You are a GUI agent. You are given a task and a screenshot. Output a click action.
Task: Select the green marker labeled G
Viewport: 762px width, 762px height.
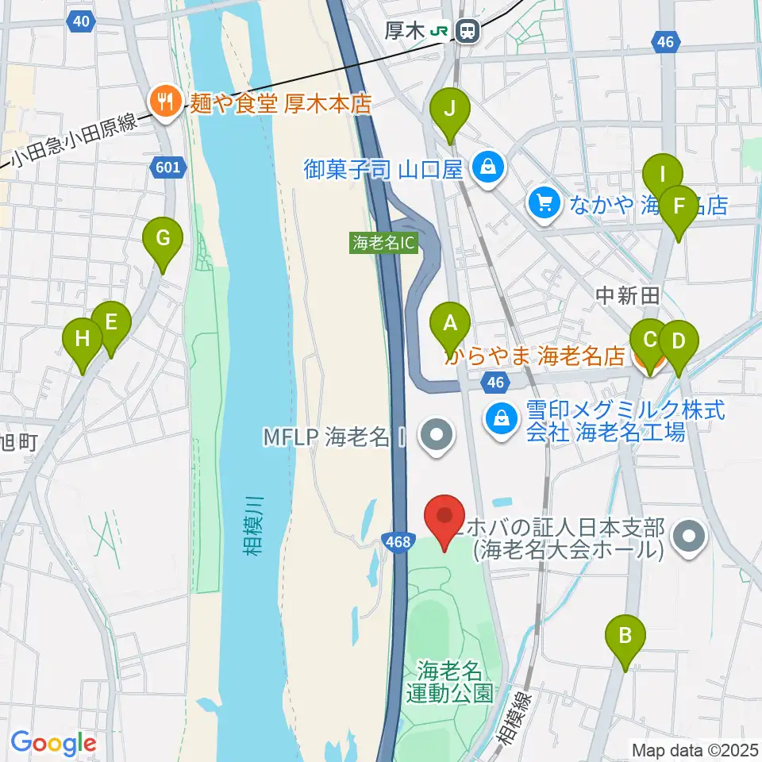pyautogui.click(x=163, y=238)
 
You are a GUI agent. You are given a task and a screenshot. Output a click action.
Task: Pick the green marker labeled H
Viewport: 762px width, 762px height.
pyautogui.click(x=83, y=340)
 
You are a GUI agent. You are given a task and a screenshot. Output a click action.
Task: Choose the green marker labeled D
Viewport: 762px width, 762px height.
pyautogui.click(x=678, y=342)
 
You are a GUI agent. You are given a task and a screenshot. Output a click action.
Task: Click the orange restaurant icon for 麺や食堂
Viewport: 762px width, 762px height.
pyautogui.click(x=164, y=101)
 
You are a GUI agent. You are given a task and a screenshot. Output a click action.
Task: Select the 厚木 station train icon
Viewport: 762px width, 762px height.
pyautogui.click(x=468, y=32)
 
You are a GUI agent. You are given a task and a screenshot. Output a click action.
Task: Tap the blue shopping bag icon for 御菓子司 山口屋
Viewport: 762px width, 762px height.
pyautogui.click(x=483, y=167)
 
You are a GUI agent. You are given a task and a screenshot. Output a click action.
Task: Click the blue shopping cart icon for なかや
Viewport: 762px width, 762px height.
pyautogui.click(x=545, y=204)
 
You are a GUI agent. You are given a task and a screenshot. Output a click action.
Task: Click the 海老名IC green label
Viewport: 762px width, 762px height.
pyautogui.click(x=383, y=243)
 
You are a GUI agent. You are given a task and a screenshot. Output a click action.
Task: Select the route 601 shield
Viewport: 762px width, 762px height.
pyautogui.click(x=170, y=166)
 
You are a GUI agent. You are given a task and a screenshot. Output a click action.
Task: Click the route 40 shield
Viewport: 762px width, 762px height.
pyautogui.click(x=79, y=22)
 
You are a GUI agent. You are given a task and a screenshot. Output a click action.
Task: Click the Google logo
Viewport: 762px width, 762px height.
pyautogui.click(x=53, y=743)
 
